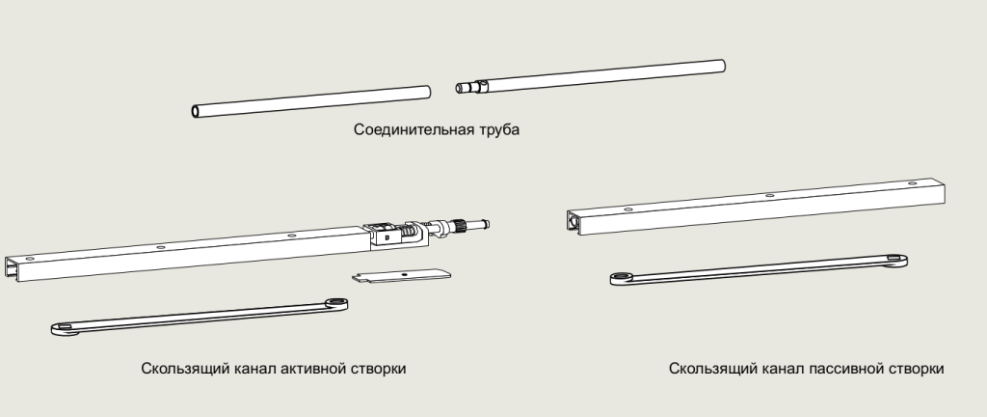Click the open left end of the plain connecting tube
[x=196, y=112]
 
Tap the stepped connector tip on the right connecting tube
[x=465, y=88]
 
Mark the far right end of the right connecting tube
[x=721, y=65]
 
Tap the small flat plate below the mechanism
[x=401, y=275]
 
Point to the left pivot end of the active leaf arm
[x=64, y=330]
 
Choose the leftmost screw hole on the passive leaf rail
[x=627, y=208]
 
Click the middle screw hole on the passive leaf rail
[x=768, y=195]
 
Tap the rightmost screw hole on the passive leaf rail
[x=906, y=182]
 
